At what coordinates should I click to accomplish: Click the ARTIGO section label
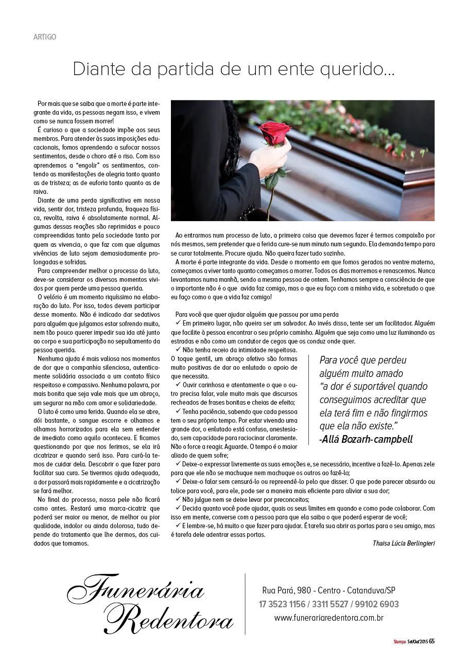pyautogui.click(x=44, y=37)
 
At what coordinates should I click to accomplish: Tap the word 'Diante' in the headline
pyautogui.click(x=97, y=69)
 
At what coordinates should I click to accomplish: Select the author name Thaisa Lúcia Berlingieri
pyautogui.click(x=403, y=543)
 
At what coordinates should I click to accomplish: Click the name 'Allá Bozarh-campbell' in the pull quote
pyautogui.click(x=366, y=439)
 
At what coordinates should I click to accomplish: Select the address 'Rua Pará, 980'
pyautogui.click(x=285, y=590)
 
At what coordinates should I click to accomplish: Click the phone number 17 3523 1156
pyautogui.click(x=282, y=604)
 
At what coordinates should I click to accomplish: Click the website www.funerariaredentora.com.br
pyautogui.click(x=328, y=618)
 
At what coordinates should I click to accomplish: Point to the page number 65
pyautogui.click(x=431, y=641)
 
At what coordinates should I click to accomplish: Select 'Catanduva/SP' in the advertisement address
pyautogui.click(x=371, y=590)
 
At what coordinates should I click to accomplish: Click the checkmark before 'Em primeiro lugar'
pyautogui.click(x=178, y=323)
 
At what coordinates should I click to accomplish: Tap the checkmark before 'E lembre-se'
pyautogui.click(x=178, y=526)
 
